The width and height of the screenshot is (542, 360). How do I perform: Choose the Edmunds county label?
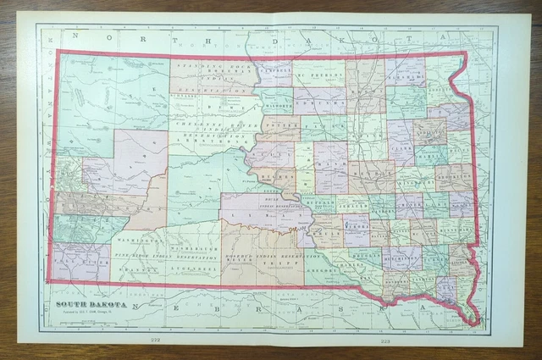click(x=320, y=101)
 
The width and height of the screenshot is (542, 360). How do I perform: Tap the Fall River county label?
click(x=81, y=262)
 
